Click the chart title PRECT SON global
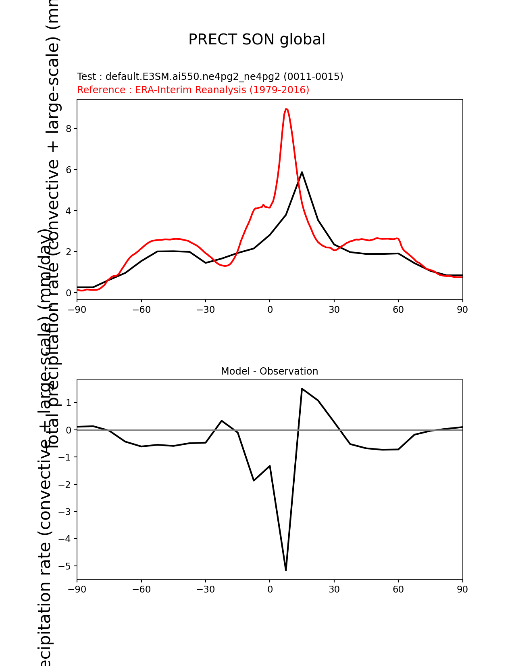(x=257, y=40)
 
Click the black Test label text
(x=210, y=77)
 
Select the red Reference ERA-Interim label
(x=193, y=90)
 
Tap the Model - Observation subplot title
(x=269, y=371)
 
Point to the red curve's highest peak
(x=286, y=109)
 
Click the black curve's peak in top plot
(x=302, y=172)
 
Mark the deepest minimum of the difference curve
(x=286, y=570)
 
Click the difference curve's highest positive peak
(x=302, y=389)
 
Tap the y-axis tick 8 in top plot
(x=69, y=129)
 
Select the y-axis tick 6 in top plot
(x=69, y=170)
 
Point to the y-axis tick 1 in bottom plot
(x=69, y=403)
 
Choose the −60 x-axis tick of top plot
(x=141, y=310)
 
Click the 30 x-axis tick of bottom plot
(x=334, y=589)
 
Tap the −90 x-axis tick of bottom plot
(x=77, y=589)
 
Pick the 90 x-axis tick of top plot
(x=462, y=310)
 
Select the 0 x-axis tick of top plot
(x=270, y=310)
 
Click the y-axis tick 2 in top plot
(x=69, y=252)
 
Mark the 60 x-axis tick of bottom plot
(x=398, y=589)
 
